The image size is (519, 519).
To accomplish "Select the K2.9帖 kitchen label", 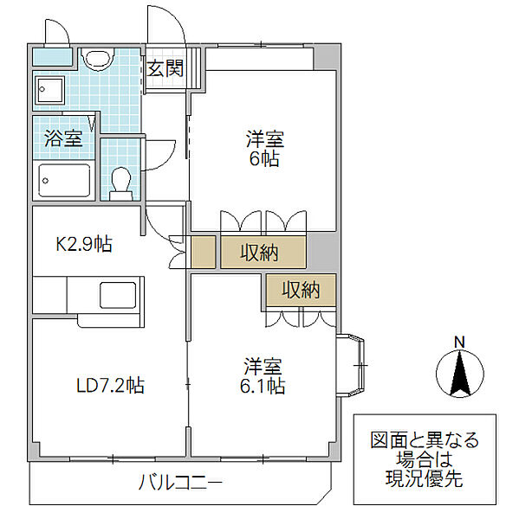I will click(x=84, y=245).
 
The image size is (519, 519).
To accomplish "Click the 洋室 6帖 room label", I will click(x=264, y=148).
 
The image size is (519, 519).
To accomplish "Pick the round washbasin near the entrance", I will click(x=96, y=59).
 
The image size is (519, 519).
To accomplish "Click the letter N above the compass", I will click(x=460, y=340).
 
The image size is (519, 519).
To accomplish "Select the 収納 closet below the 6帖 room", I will click(x=261, y=253).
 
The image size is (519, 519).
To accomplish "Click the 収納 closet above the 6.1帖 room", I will click(x=300, y=291).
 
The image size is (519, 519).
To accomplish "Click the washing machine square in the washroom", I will click(x=49, y=90).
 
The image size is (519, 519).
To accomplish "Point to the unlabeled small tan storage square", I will click(x=203, y=252).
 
